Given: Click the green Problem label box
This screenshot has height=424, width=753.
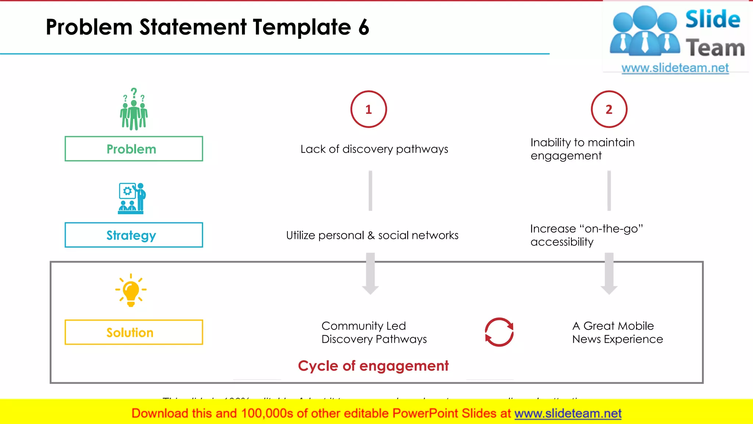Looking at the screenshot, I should [x=133, y=149].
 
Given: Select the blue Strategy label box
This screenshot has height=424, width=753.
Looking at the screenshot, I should [x=133, y=235].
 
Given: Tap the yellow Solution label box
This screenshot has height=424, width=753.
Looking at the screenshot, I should [x=133, y=332].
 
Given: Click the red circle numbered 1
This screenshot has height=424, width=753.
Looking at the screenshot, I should [x=368, y=109].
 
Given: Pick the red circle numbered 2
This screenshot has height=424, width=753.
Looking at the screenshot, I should [x=609, y=109].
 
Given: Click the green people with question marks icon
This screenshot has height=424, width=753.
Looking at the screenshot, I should [x=134, y=110].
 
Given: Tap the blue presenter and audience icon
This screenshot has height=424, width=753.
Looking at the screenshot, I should [x=132, y=198].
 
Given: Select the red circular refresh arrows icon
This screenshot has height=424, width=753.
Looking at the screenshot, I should [x=499, y=332].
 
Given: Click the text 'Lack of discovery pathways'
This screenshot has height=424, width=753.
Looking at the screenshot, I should [x=374, y=149].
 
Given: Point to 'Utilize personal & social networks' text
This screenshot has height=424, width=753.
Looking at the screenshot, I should [x=372, y=235].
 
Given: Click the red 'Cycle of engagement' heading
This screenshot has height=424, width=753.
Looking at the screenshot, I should [x=373, y=366].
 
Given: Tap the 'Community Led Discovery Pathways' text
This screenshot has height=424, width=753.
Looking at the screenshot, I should [x=374, y=332].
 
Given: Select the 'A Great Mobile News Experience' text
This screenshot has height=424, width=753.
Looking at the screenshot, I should [x=617, y=332].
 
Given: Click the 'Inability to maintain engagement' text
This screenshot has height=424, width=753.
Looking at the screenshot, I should [x=582, y=149].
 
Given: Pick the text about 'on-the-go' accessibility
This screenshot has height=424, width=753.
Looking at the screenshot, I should [x=586, y=235].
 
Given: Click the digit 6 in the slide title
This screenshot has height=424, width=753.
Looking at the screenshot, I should [x=364, y=27].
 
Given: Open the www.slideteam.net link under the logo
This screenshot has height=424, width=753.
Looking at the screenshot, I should [x=675, y=68].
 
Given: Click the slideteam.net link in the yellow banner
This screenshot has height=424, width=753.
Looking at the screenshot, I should [x=568, y=413].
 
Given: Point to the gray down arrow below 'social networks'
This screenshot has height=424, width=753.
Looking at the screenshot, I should [x=370, y=274].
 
